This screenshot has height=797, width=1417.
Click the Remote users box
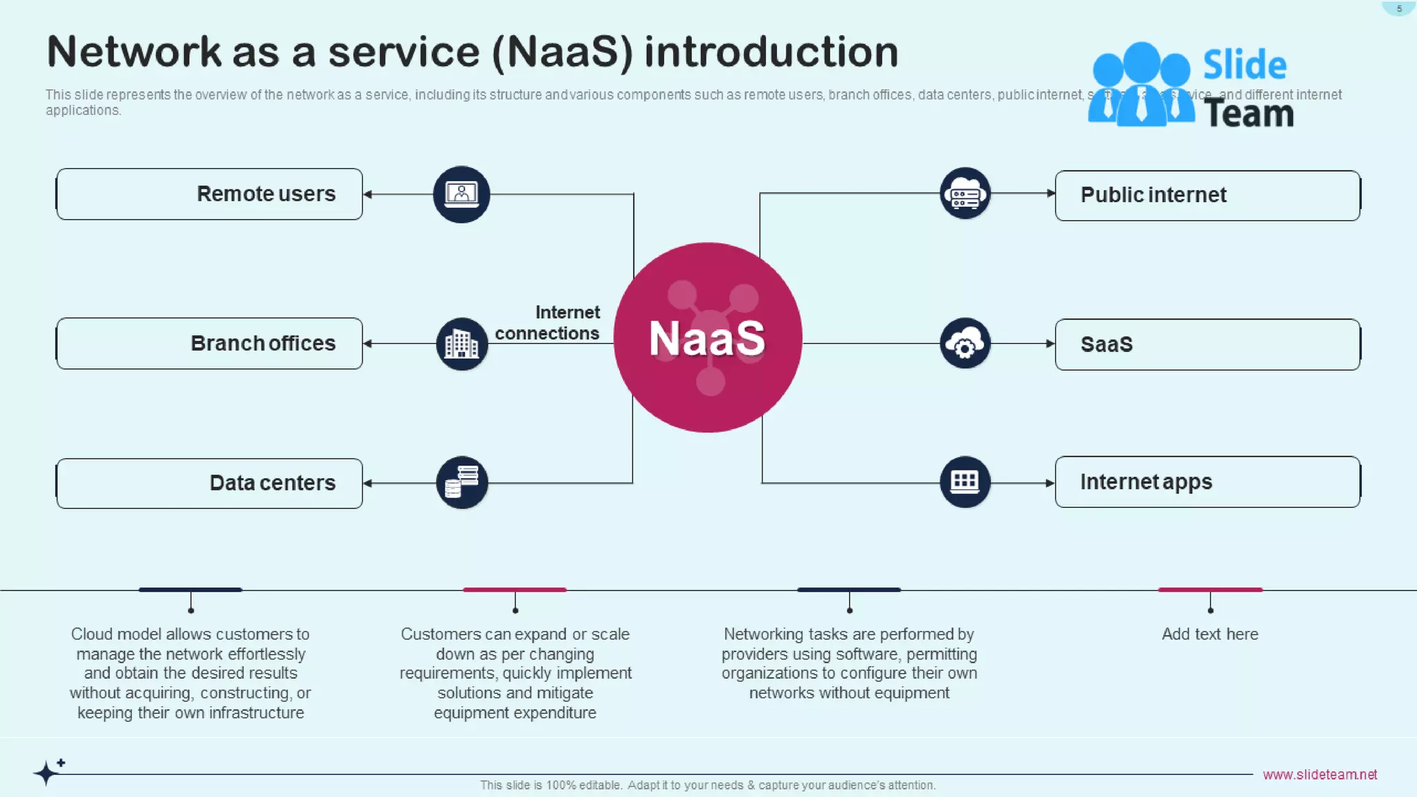209,194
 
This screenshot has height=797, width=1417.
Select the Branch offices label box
209,343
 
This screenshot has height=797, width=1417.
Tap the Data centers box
209,483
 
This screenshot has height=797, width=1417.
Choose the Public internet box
1207,195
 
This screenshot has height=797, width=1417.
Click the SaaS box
1207,344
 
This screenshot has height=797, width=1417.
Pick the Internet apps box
1207,482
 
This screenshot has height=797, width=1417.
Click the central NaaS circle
707,338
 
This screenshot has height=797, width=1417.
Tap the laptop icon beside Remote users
461,194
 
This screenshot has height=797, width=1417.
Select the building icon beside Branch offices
461,343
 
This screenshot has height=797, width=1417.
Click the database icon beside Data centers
461,482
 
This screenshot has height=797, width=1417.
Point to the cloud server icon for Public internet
965,193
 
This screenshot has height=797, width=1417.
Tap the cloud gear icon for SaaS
965,343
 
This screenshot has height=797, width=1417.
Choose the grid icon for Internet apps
965,482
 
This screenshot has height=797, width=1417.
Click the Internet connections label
548,322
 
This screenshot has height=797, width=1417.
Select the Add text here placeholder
1209,634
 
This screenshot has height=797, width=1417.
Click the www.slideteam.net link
1319,774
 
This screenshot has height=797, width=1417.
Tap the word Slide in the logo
1244,65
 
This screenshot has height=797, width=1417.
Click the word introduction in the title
771,52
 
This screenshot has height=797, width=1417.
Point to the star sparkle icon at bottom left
48,771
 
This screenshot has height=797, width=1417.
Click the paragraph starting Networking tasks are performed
849,663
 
